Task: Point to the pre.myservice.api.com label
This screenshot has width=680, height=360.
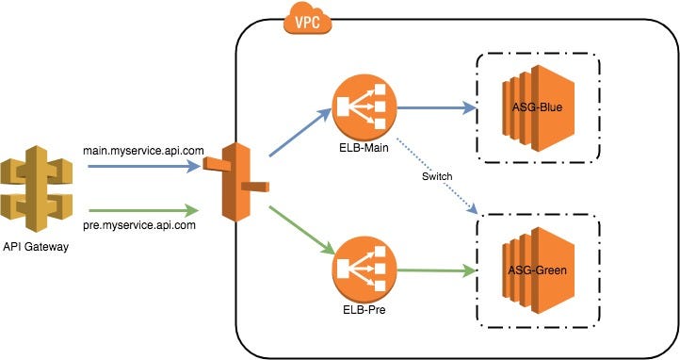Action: (142, 225)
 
